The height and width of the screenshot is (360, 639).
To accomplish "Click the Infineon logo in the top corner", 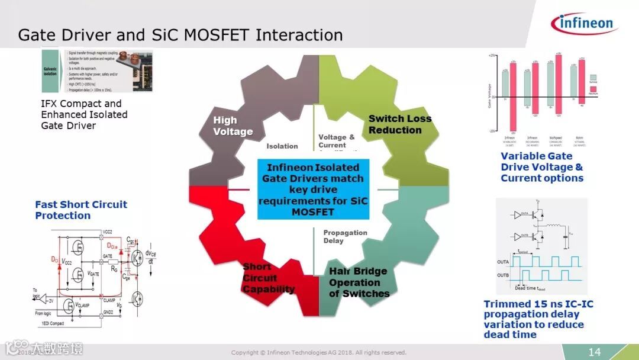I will click(584, 23).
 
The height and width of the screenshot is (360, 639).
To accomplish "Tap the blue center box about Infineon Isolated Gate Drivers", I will click(313, 189).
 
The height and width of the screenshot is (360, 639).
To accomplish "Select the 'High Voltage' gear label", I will click(233, 126).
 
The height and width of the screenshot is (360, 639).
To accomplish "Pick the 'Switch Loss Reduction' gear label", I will click(399, 124).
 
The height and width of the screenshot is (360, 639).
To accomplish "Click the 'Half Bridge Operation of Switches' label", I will click(359, 282).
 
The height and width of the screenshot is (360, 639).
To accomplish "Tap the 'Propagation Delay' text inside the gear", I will click(345, 236).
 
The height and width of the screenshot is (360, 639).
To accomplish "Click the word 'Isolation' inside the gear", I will click(282, 146).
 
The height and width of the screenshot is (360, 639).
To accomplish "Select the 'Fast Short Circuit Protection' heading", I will click(81, 210).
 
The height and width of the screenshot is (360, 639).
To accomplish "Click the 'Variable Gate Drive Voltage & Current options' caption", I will click(541, 167).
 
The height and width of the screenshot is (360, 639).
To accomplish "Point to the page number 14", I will click(594, 352).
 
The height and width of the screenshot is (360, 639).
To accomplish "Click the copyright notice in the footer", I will click(318, 353).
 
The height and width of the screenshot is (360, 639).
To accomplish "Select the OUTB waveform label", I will click(503, 275).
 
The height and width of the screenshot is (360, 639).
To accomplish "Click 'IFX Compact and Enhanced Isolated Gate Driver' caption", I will click(84, 114).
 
